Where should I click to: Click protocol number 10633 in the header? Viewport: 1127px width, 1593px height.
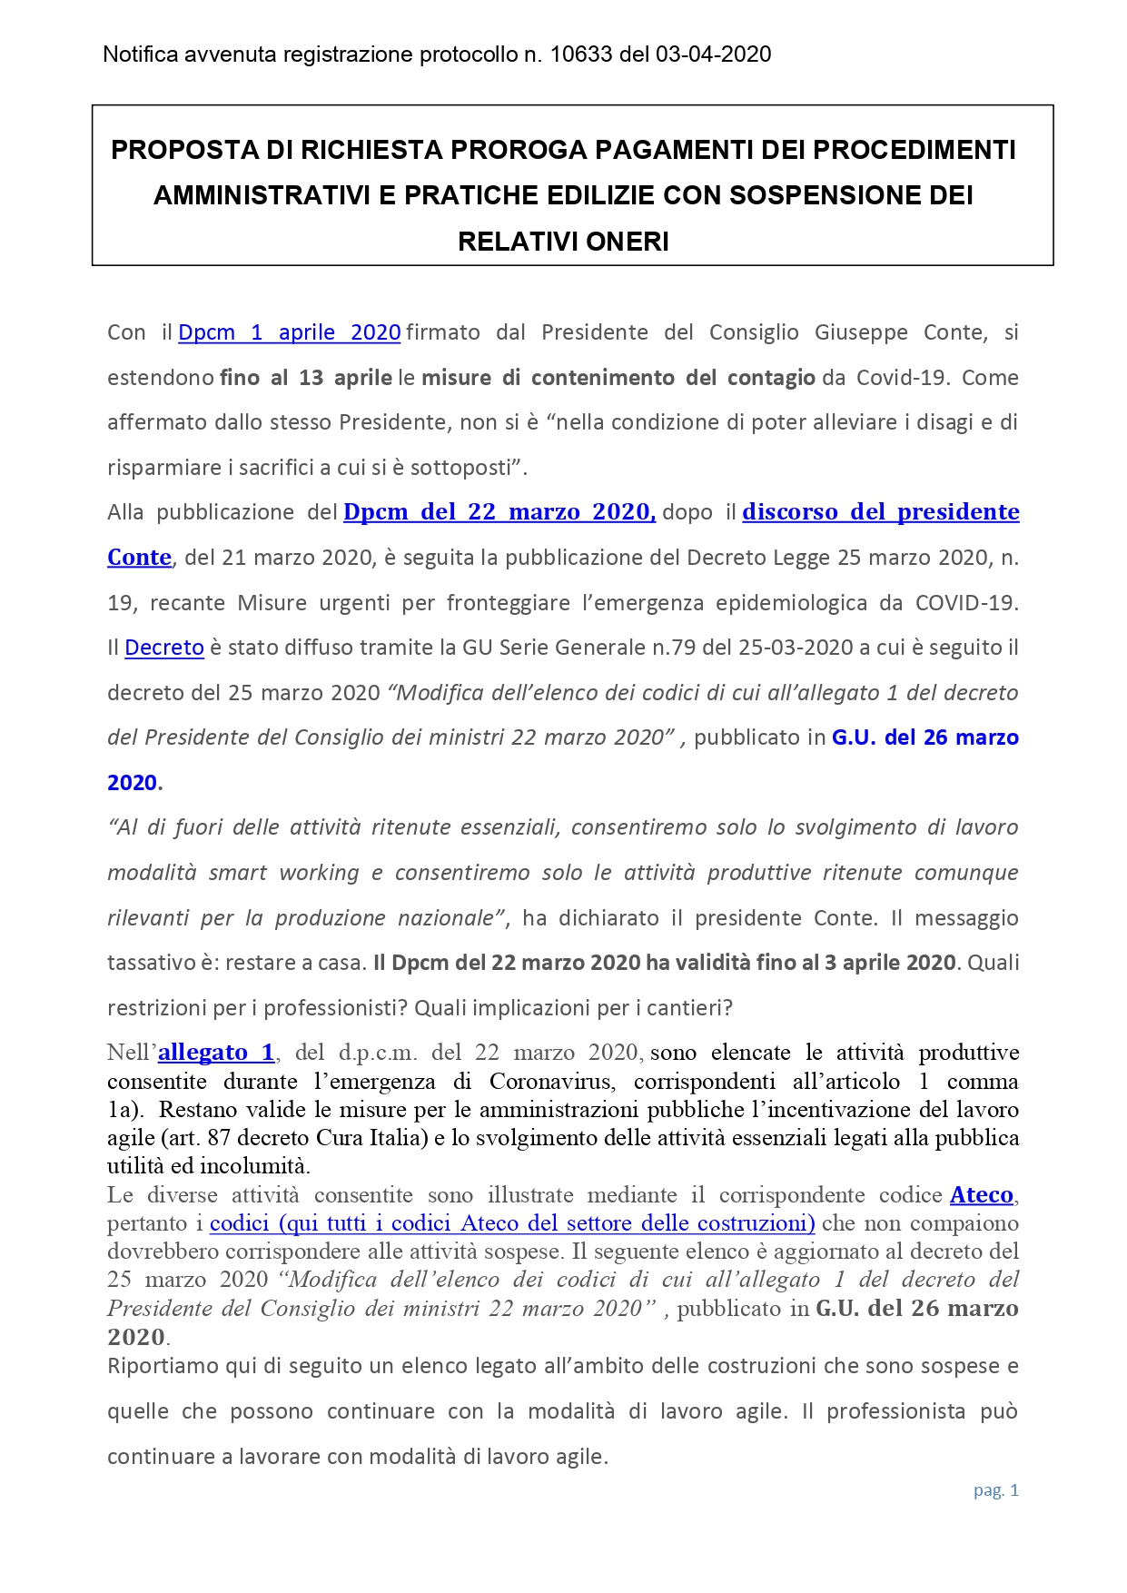[x=581, y=54]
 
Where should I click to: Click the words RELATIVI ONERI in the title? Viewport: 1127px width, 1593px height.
[x=563, y=242]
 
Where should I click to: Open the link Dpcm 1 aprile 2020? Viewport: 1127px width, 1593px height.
[x=290, y=332]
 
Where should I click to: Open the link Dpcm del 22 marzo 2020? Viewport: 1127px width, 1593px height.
[x=499, y=512]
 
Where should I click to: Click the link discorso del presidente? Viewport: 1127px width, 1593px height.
[x=881, y=512]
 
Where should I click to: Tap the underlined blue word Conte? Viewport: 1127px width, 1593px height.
[x=139, y=558]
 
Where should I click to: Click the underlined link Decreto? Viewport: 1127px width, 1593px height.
[x=164, y=648]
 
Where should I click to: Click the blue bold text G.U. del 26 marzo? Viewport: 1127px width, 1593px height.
[x=924, y=737]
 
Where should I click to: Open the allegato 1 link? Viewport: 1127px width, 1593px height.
[x=216, y=1053]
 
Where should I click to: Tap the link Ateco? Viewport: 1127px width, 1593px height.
[x=982, y=1195]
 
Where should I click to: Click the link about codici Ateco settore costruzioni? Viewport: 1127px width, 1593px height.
[x=512, y=1223]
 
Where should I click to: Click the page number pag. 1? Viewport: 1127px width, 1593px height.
[x=996, y=1490]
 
